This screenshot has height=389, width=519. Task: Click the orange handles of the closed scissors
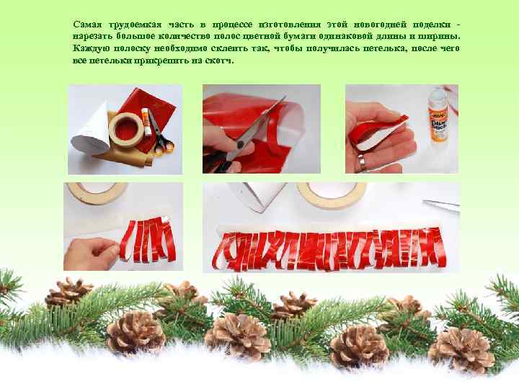pos(164,146)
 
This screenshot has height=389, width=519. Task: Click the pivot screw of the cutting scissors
pos(241,144)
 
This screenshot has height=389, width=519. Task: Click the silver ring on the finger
pos(362,162)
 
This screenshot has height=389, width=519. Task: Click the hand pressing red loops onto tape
pos(89,254)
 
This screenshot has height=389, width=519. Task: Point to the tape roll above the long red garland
pos(331,195)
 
